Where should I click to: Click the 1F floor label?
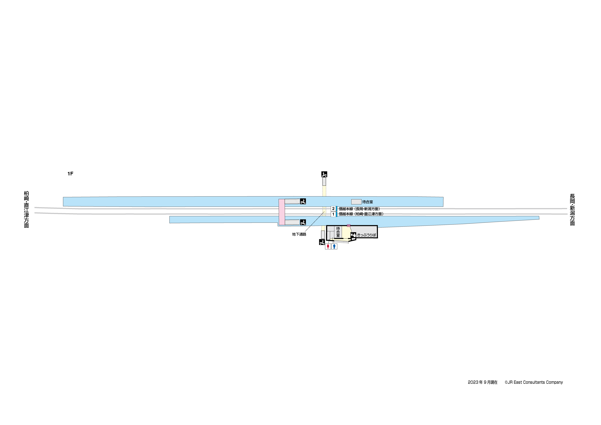(70, 174)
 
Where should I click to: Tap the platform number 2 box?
(333, 209)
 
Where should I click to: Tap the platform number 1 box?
(333, 214)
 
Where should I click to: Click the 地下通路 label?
(299, 234)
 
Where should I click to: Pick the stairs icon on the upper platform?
(303, 201)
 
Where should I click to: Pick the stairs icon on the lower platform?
(303, 222)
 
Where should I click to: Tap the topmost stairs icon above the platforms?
(324, 174)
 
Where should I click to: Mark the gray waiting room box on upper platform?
(356, 202)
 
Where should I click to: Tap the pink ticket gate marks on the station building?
(348, 226)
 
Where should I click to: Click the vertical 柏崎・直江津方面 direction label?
(26, 209)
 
